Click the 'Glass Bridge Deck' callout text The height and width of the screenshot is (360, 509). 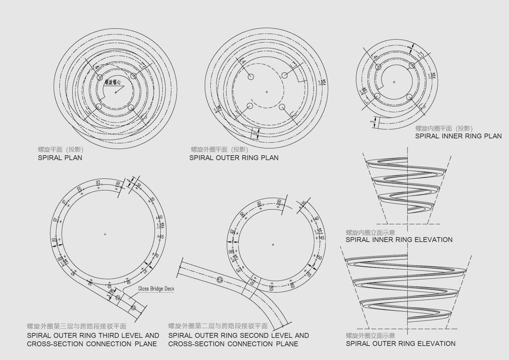156,289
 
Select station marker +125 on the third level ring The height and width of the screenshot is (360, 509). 98,184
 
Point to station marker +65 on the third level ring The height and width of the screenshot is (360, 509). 161,237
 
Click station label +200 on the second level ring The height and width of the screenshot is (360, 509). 279,203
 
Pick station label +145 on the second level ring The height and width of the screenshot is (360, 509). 321,238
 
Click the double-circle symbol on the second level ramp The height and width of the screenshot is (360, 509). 219,280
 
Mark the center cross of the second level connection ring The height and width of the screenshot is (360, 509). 273,244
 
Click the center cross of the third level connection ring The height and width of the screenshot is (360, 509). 105,234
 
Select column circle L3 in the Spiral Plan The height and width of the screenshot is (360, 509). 133,76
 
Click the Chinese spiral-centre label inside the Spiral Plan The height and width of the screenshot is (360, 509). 113,82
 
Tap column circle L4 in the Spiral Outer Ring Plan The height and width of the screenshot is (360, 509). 251,77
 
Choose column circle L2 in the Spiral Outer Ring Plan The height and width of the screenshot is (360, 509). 283,107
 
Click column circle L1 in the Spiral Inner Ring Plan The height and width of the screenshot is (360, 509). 377,96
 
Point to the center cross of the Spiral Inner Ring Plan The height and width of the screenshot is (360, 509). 394,82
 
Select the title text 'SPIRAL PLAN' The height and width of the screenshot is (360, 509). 60,158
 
